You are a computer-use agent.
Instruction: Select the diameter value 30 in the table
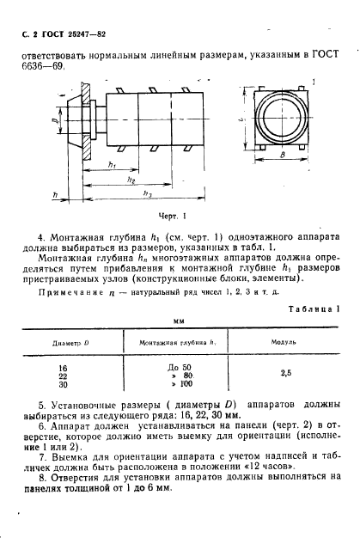(x=70, y=384)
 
